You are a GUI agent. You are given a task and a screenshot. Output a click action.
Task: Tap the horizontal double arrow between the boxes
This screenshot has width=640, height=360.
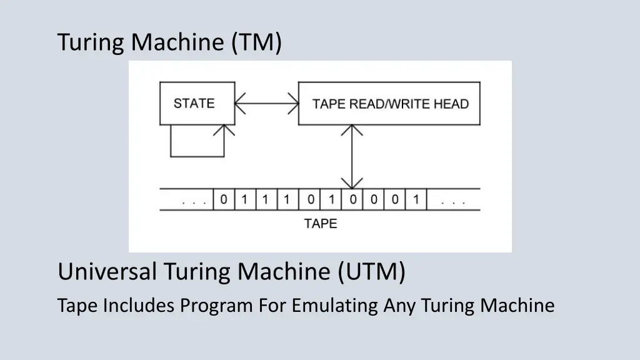[267, 103]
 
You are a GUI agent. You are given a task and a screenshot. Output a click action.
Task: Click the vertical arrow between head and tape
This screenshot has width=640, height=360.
[353, 156]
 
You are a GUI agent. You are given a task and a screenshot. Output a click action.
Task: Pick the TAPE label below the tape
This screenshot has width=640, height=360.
[321, 223]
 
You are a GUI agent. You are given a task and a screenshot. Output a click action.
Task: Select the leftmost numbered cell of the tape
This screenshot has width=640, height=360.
[224, 201]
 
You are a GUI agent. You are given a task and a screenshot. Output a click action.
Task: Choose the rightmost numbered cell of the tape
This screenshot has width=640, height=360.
[416, 201]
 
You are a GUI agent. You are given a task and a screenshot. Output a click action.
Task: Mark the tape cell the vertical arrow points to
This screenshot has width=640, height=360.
[353, 201]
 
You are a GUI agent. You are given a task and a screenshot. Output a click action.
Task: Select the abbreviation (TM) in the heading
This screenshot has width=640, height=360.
[257, 42]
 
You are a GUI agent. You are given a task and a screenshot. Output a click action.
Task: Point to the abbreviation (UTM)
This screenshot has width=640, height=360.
[372, 272]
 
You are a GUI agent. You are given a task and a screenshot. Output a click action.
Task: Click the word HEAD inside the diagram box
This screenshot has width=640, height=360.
[451, 104]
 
